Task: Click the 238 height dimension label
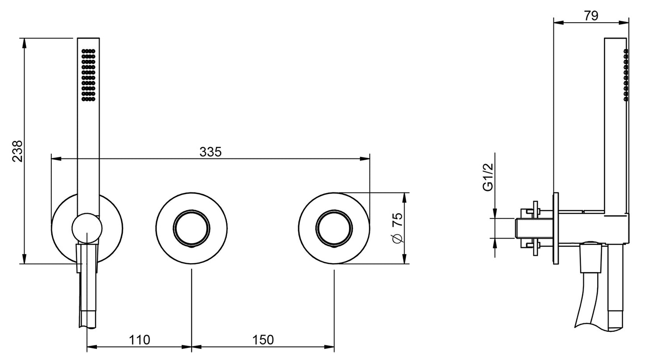tap(17, 151)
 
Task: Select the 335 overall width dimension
tap(211, 152)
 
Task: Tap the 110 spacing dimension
tap(139, 340)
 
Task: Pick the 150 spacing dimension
tap(263, 340)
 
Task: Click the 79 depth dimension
tap(591, 16)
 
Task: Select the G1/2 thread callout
tap(488, 177)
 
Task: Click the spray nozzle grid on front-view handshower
tap(88, 75)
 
